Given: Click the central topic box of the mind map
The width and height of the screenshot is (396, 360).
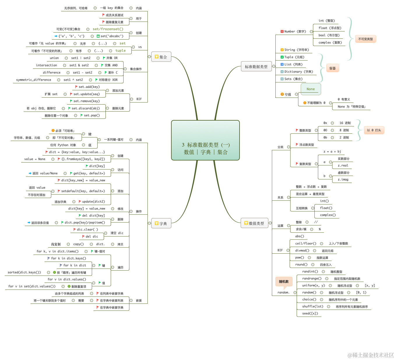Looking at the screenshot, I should pyautogui.click(x=205, y=140).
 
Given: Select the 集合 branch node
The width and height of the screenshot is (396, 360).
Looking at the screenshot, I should pyautogui.click(x=161, y=57).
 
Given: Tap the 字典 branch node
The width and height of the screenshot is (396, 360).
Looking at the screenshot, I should pyautogui.click(x=161, y=223).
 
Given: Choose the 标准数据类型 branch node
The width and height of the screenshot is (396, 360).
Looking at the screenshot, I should pyautogui.click(x=256, y=67).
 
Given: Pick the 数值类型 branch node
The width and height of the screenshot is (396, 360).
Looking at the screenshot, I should pyautogui.click(x=254, y=223).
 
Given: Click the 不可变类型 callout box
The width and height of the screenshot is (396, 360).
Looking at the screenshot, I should pyautogui.click(x=365, y=39).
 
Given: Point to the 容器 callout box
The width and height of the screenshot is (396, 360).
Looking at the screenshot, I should pyautogui.click(x=332, y=68).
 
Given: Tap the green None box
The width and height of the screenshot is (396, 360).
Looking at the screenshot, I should pyautogui.click(x=311, y=89).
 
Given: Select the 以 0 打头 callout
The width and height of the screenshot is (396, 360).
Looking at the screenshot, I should pyautogui.click(x=374, y=130).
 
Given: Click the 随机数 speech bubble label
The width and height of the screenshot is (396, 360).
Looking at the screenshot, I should pyautogui.click(x=284, y=281).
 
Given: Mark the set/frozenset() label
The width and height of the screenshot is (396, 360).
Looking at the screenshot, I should pyautogui.click(x=108, y=29).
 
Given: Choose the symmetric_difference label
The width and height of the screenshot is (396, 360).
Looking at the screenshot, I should pyautogui.click(x=34, y=80).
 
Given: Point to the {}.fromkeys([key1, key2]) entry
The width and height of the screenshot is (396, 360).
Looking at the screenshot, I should pyautogui.click(x=83, y=159).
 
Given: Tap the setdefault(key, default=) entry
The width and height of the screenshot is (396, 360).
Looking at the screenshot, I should pyautogui.click(x=83, y=191).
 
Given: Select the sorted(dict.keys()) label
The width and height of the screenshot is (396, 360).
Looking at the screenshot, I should pyautogui.click(x=24, y=272).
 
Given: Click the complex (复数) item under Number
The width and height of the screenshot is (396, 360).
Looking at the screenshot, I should pyautogui.click(x=330, y=43).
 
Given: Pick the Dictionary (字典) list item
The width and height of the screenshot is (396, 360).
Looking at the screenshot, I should pyautogui.click(x=299, y=72).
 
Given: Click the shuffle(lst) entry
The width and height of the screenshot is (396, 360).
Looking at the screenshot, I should pyautogui.click(x=313, y=306).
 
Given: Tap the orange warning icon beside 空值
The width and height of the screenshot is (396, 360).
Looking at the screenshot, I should pyautogui.click(x=282, y=94).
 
